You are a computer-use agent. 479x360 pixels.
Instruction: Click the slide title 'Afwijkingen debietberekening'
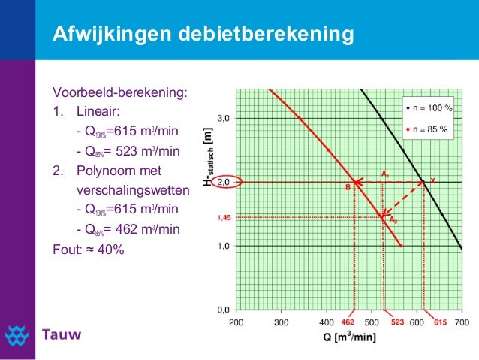click(202, 35)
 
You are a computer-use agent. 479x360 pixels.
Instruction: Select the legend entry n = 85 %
click(428, 129)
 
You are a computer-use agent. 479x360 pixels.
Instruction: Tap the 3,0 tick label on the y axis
click(223, 119)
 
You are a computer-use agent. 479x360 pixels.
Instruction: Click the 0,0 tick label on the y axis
click(223, 310)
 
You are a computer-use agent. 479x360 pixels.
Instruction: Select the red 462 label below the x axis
click(348, 322)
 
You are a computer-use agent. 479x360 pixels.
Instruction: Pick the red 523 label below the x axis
click(398, 322)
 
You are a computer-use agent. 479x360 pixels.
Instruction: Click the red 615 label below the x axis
click(440, 322)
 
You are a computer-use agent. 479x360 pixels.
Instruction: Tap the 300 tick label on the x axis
click(282, 322)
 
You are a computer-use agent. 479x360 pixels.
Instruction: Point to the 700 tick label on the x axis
click(461, 322)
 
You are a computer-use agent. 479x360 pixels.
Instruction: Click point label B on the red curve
click(348, 188)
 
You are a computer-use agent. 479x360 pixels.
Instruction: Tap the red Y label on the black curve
click(432, 180)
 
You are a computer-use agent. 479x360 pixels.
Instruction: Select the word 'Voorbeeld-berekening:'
click(119, 93)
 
